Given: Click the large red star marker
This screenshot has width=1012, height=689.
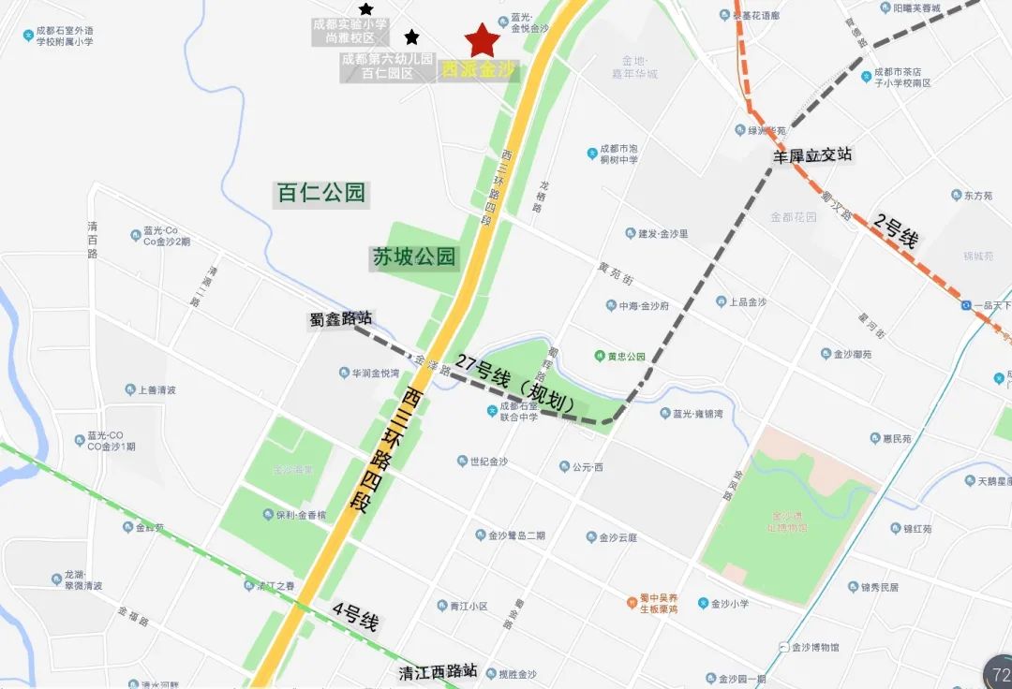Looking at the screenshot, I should click(483, 40).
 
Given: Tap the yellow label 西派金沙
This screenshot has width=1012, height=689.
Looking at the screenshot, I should click(478, 70).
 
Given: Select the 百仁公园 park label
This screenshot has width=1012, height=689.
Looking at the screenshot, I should click(320, 194).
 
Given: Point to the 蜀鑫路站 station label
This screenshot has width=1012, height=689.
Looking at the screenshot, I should click(340, 319).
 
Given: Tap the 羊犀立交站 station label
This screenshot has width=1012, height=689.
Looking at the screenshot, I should click(812, 155).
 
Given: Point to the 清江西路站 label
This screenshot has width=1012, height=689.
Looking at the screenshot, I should click(438, 671).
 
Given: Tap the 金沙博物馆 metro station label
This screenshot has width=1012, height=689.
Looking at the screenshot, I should click(814, 647).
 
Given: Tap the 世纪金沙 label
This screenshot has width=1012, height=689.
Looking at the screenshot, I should click(487, 462).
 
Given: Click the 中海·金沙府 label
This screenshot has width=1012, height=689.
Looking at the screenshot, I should click(643, 305).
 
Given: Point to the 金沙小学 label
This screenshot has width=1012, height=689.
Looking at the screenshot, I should click(729, 604).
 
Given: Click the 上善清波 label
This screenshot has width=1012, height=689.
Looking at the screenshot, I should click(156, 390).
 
